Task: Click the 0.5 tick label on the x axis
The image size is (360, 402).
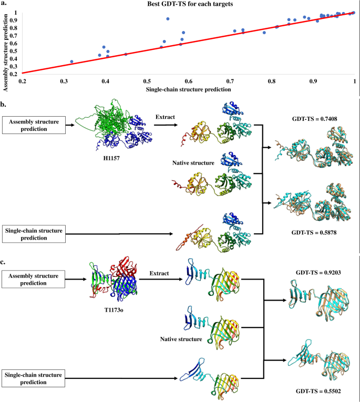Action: pyautogui.click(x=147, y=81)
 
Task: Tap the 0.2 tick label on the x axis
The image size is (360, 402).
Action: pyautogui.click(x=23, y=81)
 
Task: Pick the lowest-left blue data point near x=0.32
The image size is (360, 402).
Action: pyautogui.click(x=72, y=62)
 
